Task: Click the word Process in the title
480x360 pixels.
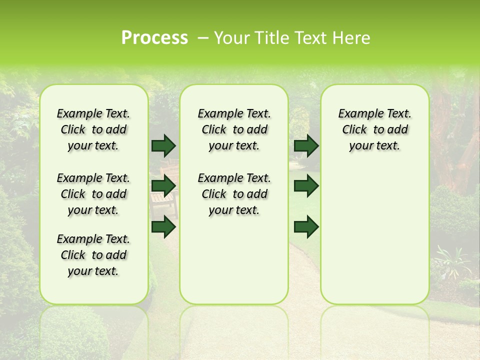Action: [x=154, y=38]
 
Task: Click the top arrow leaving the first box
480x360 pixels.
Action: [x=163, y=145]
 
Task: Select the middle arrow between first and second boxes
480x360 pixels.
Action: [x=163, y=186]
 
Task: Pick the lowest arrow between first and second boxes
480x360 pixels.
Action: [x=163, y=227]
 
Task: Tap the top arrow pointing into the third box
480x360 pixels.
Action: [x=306, y=145]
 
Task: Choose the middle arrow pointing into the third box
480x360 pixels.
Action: [x=306, y=186]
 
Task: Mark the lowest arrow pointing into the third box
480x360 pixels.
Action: [x=306, y=227]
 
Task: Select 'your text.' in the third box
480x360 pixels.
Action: [x=374, y=146]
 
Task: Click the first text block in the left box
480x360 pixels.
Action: [x=93, y=129]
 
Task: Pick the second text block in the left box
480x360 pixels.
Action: [x=93, y=194]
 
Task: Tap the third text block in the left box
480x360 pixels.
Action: [x=93, y=255]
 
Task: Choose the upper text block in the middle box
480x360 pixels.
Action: [x=234, y=129]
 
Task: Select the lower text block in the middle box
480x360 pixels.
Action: [x=234, y=194]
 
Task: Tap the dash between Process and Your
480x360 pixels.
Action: [x=203, y=38]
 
